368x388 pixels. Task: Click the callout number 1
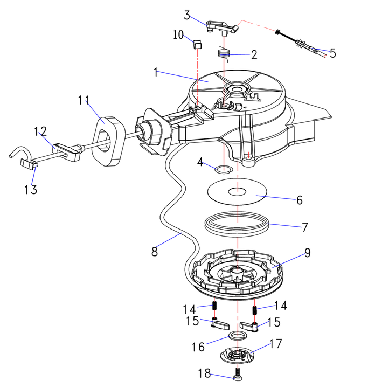pyautogui.click(x=156, y=73)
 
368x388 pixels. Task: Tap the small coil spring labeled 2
pyautogui.click(x=224, y=53)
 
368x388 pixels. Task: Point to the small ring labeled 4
pyautogui.click(x=224, y=171)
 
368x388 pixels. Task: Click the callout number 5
pyautogui.click(x=332, y=53)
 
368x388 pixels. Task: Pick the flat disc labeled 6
pyautogui.click(x=237, y=192)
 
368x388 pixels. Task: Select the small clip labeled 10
pyautogui.click(x=197, y=45)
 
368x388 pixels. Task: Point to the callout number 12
pyautogui.click(x=41, y=131)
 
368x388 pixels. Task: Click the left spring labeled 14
pyautogui.click(x=215, y=307)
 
